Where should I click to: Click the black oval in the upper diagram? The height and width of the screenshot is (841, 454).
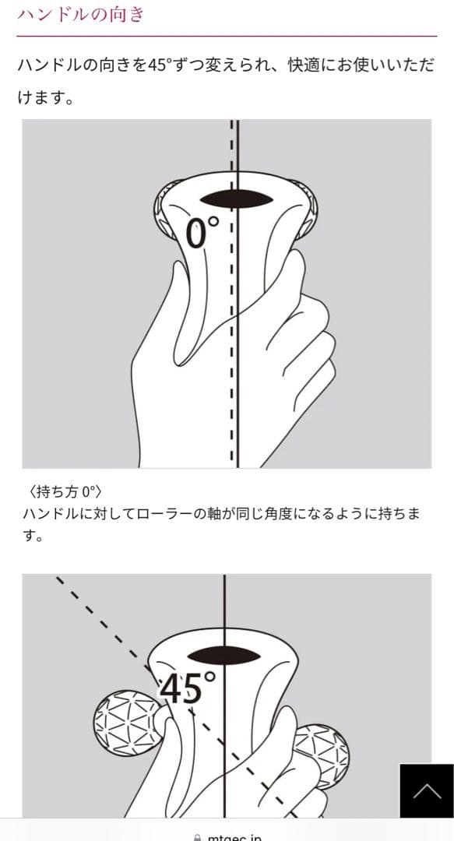pyautogui.click(x=237, y=199)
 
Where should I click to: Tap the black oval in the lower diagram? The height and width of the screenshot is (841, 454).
pyautogui.click(x=223, y=656)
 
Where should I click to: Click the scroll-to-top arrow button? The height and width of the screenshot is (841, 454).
pyautogui.click(x=427, y=790)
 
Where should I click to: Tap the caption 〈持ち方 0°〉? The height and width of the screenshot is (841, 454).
pyautogui.click(x=63, y=491)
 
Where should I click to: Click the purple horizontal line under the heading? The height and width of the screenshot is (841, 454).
pyautogui.click(x=227, y=36)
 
